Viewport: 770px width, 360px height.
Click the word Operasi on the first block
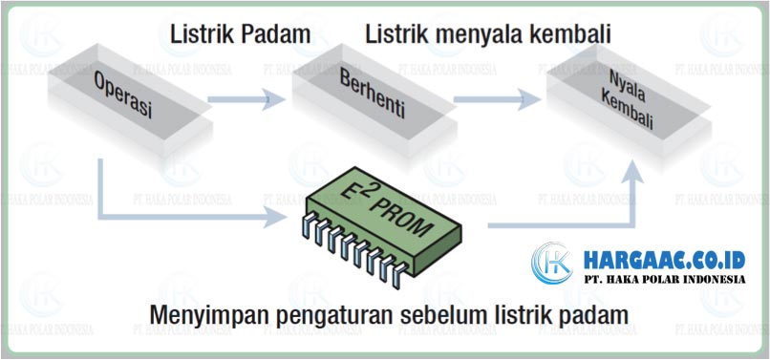click(123, 96)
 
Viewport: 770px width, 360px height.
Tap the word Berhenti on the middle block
click(373, 96)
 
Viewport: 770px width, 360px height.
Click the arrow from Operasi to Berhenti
click(246, 99)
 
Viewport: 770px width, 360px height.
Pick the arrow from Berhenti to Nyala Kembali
click(497, 99)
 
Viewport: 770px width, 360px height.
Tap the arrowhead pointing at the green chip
click(275, 217)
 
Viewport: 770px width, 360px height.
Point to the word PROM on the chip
click(400, 217)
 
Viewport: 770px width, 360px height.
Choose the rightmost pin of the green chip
click(398, 276)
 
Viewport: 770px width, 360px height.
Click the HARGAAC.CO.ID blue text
click(664, 260)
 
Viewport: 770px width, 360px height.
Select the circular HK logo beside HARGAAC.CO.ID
click(552, 264)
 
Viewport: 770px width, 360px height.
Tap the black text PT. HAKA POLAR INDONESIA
click(664, 280)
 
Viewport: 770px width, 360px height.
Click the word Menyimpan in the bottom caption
click(208, 315)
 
